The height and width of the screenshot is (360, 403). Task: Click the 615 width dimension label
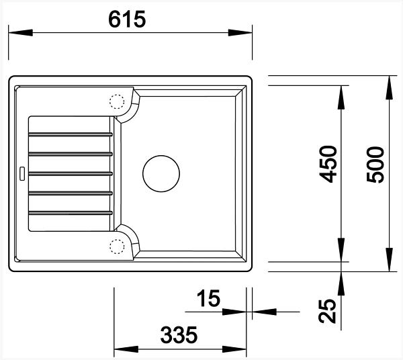(127, 19)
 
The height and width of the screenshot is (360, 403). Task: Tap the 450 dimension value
(328, 164)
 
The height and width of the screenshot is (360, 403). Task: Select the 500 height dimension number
(375, 165)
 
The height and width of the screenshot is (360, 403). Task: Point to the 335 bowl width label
(179, 335)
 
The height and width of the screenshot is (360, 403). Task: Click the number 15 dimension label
(208, 298)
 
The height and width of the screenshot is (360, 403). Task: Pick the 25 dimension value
(328, 311)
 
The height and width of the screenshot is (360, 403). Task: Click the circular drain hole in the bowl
(161, 174)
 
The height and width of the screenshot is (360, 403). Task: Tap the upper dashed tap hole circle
(117, 101)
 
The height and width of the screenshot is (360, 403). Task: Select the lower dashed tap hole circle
(117, 246)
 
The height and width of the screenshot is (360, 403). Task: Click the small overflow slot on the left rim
(22, 173)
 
